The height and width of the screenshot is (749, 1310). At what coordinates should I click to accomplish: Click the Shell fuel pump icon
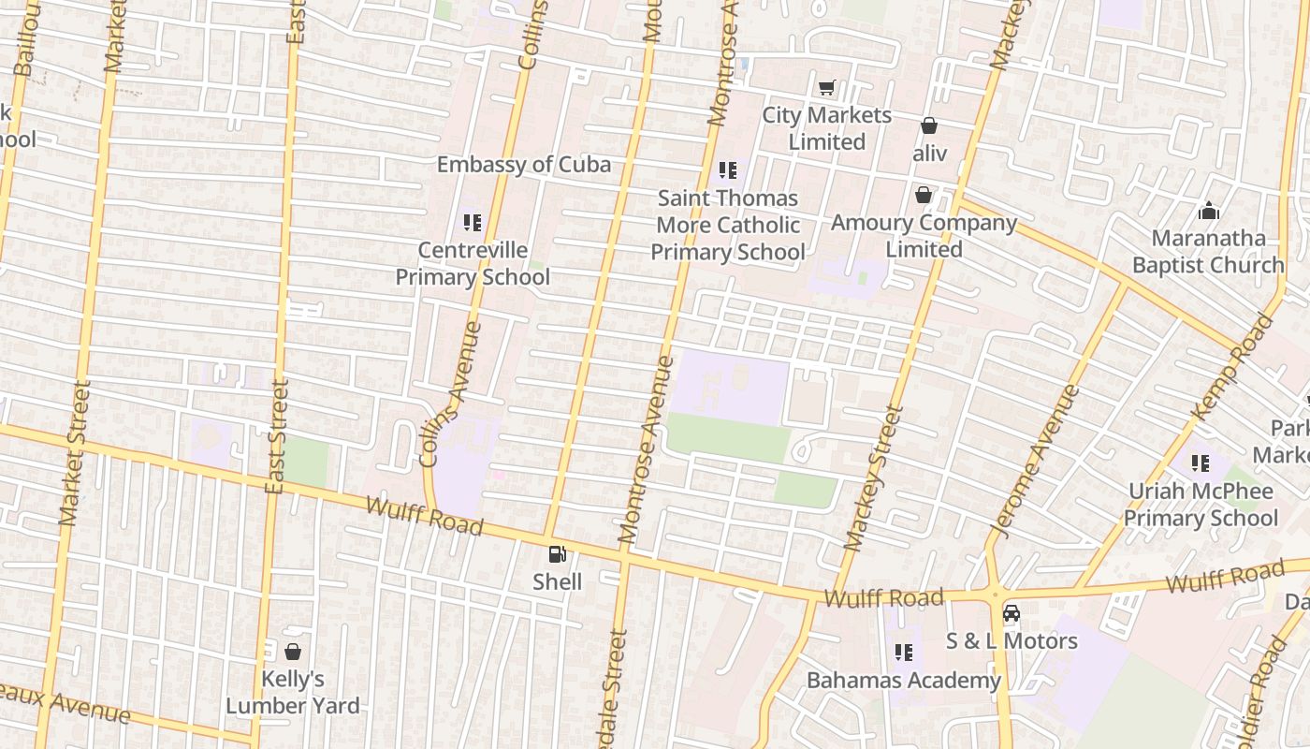(x=558, y=555)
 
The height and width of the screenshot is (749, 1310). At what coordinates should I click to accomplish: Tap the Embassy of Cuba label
(x=524, y=165)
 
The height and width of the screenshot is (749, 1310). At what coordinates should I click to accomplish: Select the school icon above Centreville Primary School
(x=473, y=223)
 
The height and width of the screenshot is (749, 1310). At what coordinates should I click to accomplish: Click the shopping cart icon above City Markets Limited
(x=826, y=88)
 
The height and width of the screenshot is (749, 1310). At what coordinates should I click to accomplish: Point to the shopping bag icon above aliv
(x=929, y=125)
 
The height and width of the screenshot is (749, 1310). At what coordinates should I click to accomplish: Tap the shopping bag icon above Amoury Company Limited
(x=924, y=195)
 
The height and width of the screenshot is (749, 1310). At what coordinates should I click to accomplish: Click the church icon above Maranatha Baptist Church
(x=1209, y=211)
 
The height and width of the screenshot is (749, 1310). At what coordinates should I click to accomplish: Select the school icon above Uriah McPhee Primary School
(x=1201, y=463)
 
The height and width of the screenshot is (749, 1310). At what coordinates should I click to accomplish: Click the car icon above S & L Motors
(x=1012, y=613)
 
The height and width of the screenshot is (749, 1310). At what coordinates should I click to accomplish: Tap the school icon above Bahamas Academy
(x=904, y=653)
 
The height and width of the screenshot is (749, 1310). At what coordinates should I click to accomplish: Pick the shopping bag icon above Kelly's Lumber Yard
(x=293, y=652)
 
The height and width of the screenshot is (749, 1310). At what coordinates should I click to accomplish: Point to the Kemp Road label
(x=1232, y=368)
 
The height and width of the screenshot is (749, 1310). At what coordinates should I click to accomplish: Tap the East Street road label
(x=275, y=436)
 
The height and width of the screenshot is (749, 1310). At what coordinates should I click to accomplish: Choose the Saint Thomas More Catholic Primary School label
(x=728, y=226)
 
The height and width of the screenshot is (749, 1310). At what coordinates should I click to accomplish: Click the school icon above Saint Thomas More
(x=728, y=170)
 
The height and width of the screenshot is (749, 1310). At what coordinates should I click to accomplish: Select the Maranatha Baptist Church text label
(x=1208, y=252)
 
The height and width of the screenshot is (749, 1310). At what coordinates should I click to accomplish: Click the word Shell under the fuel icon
(x=558, y=582)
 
